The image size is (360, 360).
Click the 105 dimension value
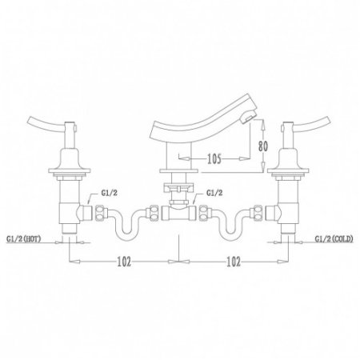[x=214, y=159]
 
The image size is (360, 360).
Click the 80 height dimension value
[x=263, y=146]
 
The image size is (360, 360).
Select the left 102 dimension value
[x=124, y=262]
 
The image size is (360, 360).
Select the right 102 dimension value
[x=234, y=262]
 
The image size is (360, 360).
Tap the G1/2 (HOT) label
[x=24, y=238]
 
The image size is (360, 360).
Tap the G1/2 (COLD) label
[x=334, y=238]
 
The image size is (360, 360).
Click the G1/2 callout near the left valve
[x=109, y=193]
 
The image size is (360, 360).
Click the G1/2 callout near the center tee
[x=214, y=193]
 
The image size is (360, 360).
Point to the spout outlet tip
[x=247, y=118]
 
